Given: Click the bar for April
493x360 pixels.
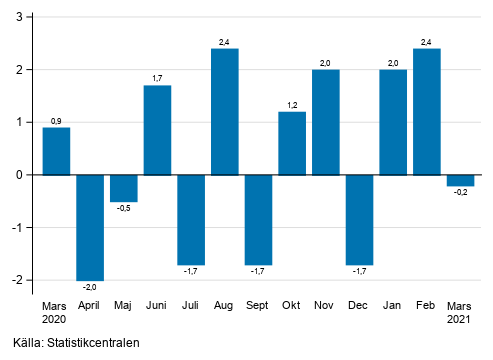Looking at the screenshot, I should [90, 227].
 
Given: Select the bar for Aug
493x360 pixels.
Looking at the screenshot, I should [225, 112].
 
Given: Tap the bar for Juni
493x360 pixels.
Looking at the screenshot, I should [158, 130].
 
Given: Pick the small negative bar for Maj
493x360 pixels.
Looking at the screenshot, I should [124, 188].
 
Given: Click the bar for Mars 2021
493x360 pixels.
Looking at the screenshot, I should [461, 180].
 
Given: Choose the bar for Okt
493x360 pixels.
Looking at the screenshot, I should [292, 143].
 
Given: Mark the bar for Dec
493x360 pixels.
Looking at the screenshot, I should [360, 220].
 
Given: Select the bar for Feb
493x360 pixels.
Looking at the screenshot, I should [427, 112].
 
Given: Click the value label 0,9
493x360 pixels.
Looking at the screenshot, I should [56, 121].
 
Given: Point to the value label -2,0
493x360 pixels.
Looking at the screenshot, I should [90, 288].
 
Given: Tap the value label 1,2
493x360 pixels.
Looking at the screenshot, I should [292, 105].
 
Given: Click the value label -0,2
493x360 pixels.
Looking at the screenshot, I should [461, 193].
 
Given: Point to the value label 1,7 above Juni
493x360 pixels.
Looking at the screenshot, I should [158, 79].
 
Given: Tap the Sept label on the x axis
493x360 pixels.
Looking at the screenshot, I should [258, 305].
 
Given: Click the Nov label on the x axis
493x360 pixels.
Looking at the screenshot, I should [326, 305].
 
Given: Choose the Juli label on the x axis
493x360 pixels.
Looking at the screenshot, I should [191, 305].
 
